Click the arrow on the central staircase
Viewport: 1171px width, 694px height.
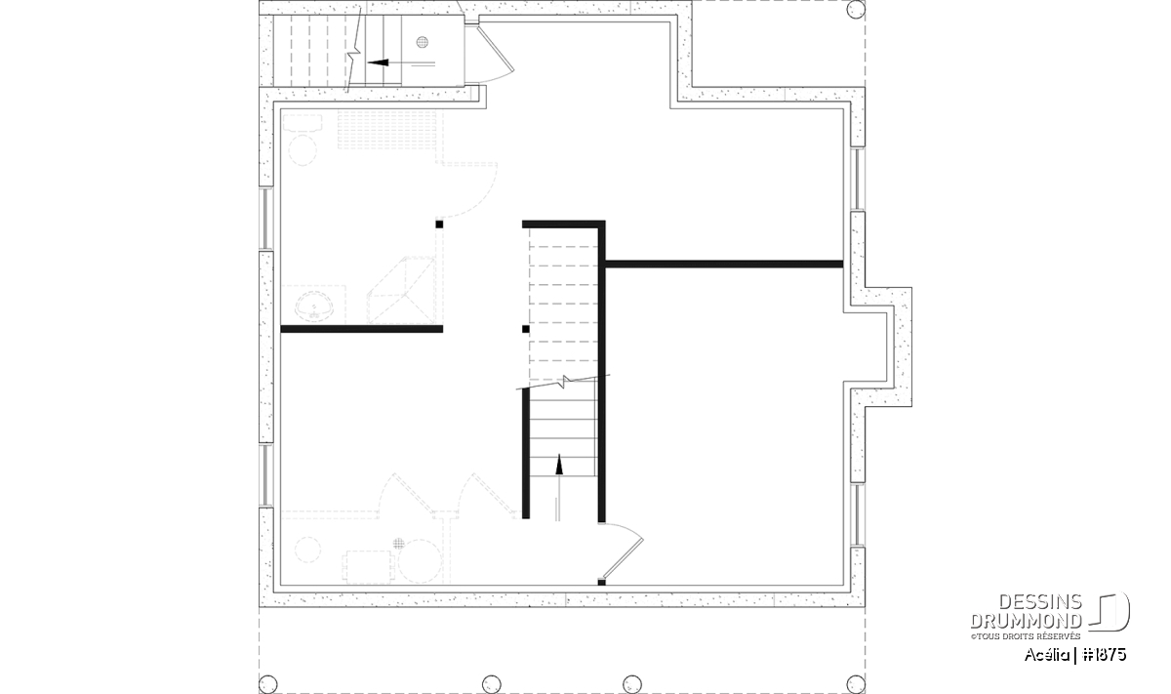[559, 487]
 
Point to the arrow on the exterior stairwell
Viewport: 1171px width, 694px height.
[401, 62]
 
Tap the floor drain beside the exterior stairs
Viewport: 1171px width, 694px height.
[423, 42]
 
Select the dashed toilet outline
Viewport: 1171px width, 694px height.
[303, 140]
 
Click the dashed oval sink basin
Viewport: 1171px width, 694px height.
[313, 305]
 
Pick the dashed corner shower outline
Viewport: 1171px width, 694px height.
[401, 290]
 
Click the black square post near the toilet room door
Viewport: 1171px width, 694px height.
[439, 225]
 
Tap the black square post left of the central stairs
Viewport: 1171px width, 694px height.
[525, 329]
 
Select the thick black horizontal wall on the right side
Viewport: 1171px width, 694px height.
[724, 265]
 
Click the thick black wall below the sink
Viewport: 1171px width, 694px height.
[362, 329]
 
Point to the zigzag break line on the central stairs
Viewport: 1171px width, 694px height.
[563, 382]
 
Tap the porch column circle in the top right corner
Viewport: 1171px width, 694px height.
[856, 10]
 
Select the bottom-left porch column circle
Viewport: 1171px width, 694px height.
[268, 684]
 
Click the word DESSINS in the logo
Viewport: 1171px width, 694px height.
[1040, 602]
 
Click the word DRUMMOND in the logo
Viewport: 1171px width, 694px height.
[1027, 621]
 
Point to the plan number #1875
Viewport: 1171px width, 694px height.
[1105, 655]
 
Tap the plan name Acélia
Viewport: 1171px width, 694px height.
[1046, 655]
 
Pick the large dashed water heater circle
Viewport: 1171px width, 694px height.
[420, 561]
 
